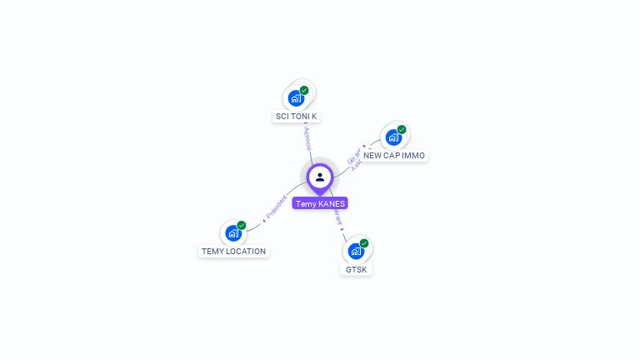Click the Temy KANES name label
(x=320, y=203)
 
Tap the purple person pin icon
(x=320, y=177)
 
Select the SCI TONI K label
(x=296, y=117)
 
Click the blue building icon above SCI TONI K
(x=296, y=98)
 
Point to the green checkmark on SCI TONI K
(x=304, y=90)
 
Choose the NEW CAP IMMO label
(x=394, y=156)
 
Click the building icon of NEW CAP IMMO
(x=393, y=137)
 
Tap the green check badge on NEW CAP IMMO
(x=402, y=129)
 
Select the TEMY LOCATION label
(x=233, y=251)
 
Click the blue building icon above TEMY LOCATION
(x=233, y=232)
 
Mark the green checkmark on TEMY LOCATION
(x=242, y=225)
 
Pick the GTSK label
(x=356, y=270)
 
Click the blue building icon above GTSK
(x=356, y=251)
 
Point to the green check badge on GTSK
(x=364, y=243)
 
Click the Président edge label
(x=276, y=208)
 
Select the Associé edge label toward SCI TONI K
(x=307, y=137)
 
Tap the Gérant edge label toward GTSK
(x=337, y=217)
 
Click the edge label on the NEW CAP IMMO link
(x=354, y=159)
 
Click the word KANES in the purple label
(x=332, y=203)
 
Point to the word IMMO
(x=413, y=156)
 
